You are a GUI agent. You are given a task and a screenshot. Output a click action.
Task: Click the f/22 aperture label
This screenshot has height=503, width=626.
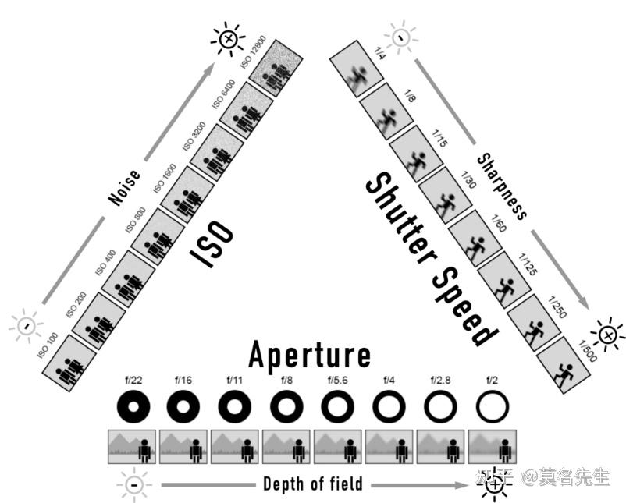pos(133,381)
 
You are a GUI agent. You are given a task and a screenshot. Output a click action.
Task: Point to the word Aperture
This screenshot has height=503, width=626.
pos(309,356)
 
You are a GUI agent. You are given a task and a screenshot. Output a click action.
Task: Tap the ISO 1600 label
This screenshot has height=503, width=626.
pos(164,178)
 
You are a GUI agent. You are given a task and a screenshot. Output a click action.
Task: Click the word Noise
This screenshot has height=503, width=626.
pos(125,188)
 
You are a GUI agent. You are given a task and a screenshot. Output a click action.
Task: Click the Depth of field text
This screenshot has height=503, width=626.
pos(313,484)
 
